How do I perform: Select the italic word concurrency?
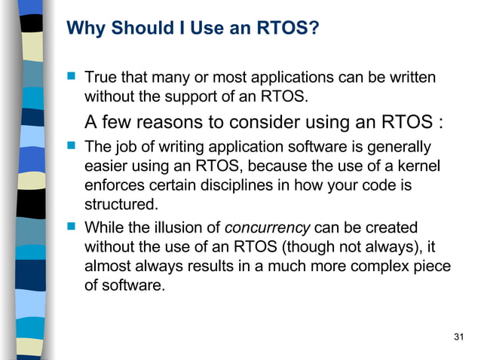coord(268,227)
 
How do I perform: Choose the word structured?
coord(121,203)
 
